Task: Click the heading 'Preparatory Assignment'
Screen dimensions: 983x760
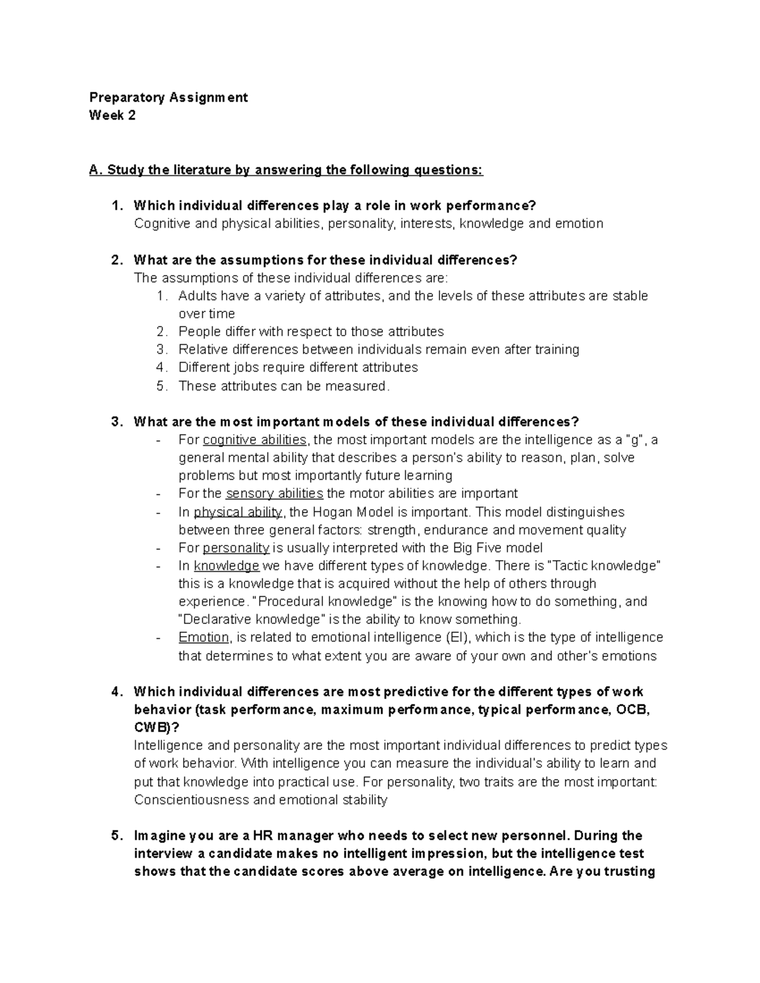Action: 168,97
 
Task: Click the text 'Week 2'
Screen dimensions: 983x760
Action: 112,115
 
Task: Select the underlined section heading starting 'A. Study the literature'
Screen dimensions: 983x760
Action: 286,170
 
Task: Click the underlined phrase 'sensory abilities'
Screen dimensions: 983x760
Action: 274,494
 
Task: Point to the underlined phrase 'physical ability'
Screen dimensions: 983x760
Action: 238,512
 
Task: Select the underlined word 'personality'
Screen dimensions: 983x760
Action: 236,548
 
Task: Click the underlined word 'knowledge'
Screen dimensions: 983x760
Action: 226,566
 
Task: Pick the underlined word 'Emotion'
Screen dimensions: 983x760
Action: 203,637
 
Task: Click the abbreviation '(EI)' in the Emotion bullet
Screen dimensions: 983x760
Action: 459,637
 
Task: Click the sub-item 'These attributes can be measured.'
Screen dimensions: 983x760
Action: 284,386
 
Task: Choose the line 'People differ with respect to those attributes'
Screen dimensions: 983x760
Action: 311,332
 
